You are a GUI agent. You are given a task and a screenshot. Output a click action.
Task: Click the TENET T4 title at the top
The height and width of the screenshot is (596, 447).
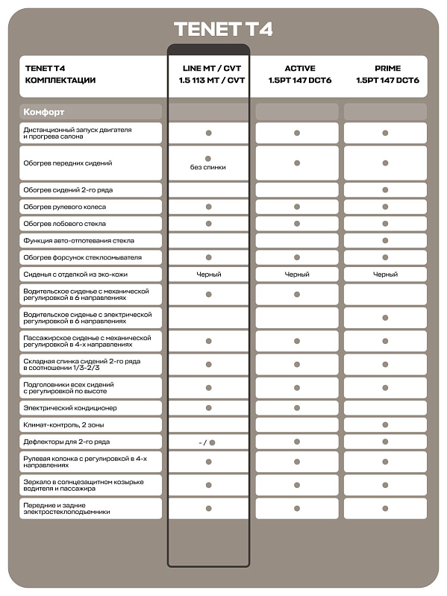pos(223,30)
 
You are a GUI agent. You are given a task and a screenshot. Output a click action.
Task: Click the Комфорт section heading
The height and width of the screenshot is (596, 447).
pos(44,112)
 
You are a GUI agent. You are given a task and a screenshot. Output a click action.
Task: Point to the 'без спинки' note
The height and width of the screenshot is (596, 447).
pos(208,168)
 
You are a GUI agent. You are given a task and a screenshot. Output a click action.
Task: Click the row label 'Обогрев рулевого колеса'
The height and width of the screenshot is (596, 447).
pos(65,207)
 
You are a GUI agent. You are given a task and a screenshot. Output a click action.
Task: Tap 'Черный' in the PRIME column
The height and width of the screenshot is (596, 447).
pos(385,275)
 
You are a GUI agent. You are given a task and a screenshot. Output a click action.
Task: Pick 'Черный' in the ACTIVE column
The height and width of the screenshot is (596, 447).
pos(297,275)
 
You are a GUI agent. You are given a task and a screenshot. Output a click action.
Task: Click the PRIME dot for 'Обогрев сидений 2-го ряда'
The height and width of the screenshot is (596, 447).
pos(385,190)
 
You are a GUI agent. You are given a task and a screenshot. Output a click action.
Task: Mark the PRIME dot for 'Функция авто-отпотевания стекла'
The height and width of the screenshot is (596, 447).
pos(385,241)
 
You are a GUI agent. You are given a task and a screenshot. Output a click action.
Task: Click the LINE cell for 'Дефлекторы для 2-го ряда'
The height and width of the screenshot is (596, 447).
pos(208,442)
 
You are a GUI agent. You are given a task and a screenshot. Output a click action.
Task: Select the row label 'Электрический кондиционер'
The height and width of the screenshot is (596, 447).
pos(70,408)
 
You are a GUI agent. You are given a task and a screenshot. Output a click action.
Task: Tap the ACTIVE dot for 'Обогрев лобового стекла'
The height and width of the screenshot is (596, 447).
pos(297,224)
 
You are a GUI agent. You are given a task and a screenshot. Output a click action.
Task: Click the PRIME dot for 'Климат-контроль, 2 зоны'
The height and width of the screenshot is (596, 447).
pos(385,425)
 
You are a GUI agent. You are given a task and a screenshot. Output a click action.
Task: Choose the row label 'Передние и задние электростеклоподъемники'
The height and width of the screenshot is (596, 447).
pos(67,509)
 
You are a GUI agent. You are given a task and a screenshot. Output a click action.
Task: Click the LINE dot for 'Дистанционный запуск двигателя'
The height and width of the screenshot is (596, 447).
pos(209,133)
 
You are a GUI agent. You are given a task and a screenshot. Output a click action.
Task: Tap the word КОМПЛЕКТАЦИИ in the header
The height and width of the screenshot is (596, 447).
pos(60,80)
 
